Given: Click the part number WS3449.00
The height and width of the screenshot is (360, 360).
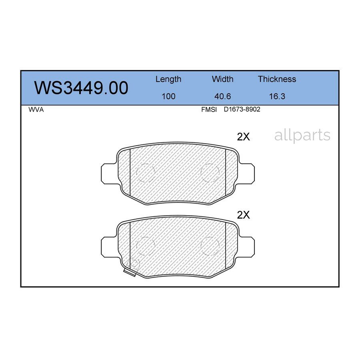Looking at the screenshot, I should point(81,88).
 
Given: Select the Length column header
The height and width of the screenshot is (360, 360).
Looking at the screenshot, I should point(168,79).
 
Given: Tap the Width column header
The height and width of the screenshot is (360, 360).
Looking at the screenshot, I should point(222,79).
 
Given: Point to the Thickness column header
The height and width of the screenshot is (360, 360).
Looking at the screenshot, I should point(277,79).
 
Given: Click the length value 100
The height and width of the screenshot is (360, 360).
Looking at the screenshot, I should point(168,96).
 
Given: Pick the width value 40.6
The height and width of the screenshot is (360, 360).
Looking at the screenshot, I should point(222,96).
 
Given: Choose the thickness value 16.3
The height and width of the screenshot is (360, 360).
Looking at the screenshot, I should point(277,96).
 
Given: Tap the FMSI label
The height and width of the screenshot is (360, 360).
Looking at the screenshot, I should point(209,110).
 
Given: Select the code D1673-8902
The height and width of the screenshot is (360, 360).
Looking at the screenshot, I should point(242,110).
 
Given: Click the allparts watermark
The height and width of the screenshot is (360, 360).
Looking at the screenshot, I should point(302,136).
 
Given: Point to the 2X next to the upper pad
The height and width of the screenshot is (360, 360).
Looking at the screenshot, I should point(243,137).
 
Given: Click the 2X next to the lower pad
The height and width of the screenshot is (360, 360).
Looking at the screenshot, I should point(243,215).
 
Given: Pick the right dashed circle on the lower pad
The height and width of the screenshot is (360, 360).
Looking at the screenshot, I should point(210,246).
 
